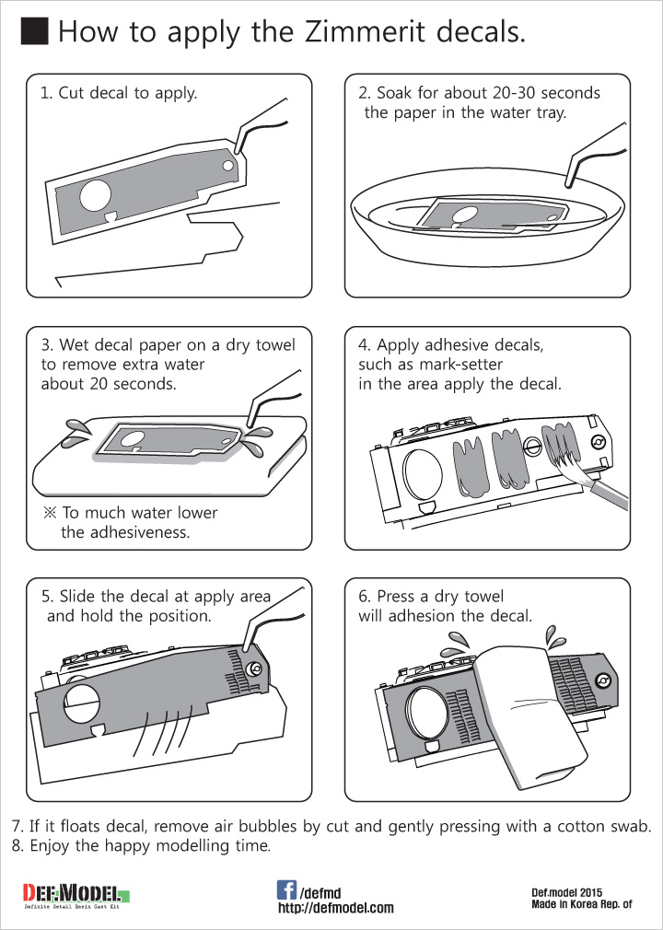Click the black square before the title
[34, 30]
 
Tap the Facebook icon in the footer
[286, 889]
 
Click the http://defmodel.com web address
[336, 908]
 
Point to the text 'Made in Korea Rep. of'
[582, 904]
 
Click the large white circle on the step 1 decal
[96, 196]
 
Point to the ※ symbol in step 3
[50, 512]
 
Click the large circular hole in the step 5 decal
[83, 704]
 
